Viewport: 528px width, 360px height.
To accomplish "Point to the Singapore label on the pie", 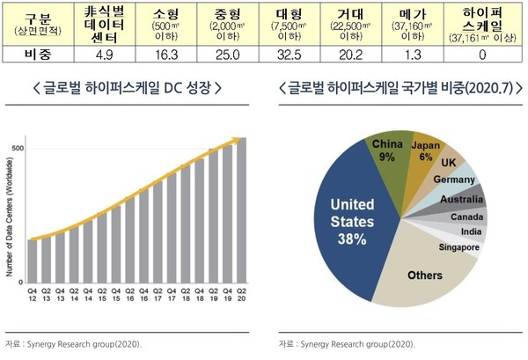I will click(x=458, y=247).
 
